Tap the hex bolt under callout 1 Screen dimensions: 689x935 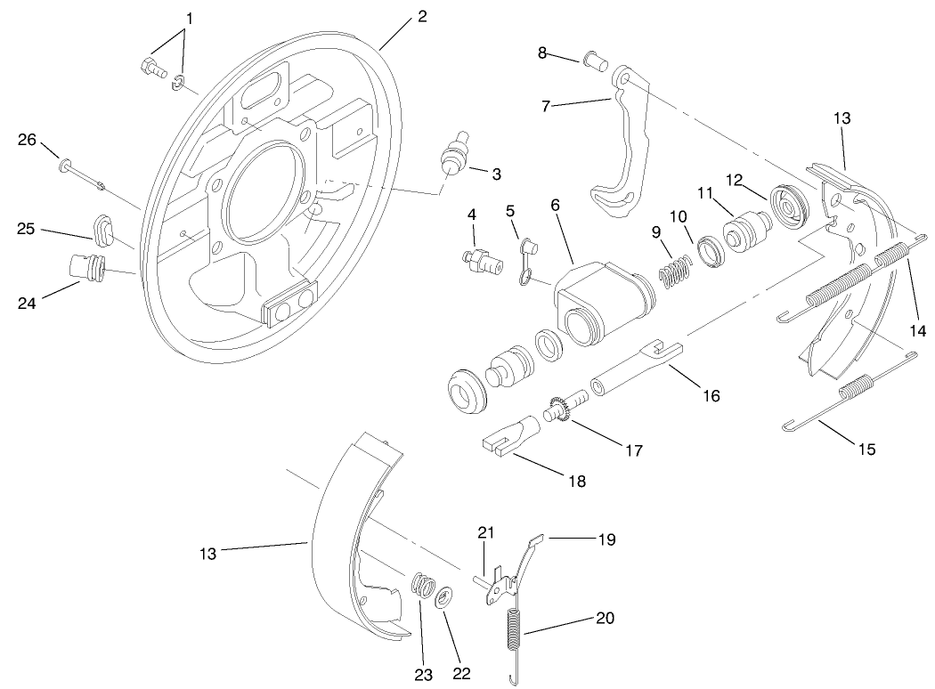pyautogui.click(x=152, y=67)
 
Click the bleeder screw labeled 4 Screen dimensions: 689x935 pyautogui.click(x=477, y=260)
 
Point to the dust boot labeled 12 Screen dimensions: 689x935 pyautogui.click(x=786, y=204)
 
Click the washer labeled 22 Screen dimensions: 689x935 pyautogui.click(x=443, y=597)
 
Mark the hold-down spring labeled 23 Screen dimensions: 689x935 pyautogui.click(x=425, y=589)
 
